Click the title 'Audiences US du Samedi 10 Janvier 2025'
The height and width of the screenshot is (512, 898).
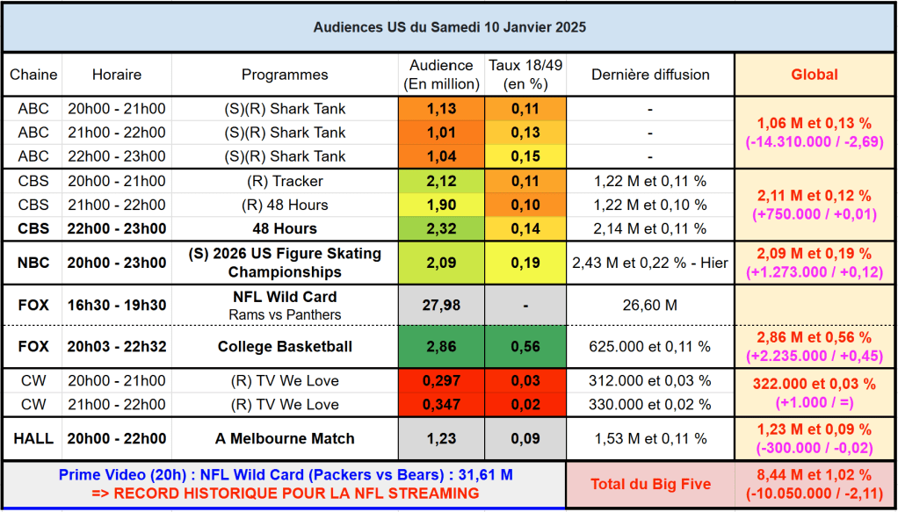pos(449,27)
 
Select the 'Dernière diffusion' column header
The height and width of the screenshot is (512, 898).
pos(649,75)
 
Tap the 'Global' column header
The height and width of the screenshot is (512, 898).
pos(815,75)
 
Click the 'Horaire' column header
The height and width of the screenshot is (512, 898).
pos(117,75)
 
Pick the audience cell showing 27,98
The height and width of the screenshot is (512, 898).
pos(441,306)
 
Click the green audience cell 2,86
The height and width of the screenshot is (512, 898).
pos(441,347)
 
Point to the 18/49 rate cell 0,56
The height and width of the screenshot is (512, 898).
pos(525,347)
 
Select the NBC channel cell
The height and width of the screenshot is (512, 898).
pos(33,263)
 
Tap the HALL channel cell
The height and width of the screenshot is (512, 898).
pos(33,439)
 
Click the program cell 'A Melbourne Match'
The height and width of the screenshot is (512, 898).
pos(285,439)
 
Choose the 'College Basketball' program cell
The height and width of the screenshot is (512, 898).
pos(285,347)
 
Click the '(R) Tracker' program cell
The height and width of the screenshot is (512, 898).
pos(285,182)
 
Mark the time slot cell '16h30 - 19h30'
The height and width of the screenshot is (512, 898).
pos(117,306)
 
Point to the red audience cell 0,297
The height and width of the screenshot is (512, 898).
pos(441,381)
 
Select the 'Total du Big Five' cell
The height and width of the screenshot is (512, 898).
pos(649,484)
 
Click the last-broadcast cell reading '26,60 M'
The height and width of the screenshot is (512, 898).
pos(649,306)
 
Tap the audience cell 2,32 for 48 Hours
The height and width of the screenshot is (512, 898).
pos(441,229)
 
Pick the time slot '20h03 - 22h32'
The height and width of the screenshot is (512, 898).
pos(117,347)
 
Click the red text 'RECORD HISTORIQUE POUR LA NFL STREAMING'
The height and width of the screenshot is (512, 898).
pos(286,494)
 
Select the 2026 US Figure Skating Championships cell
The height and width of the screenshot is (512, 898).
pos(285,263)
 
